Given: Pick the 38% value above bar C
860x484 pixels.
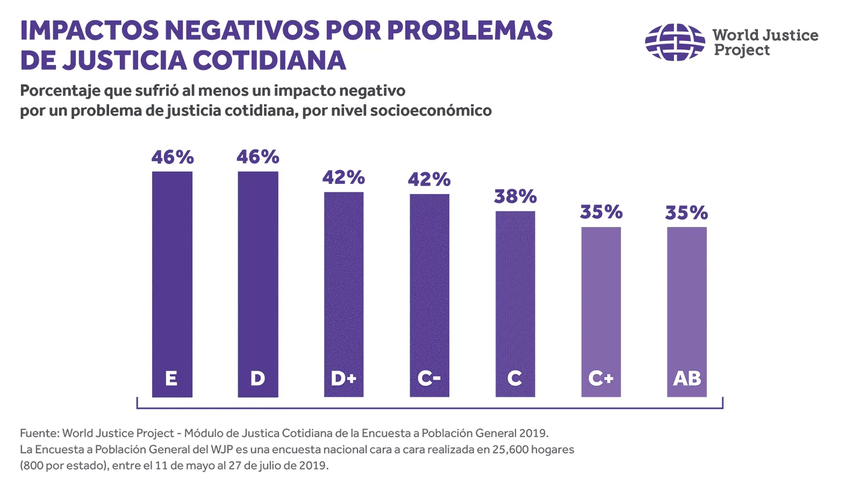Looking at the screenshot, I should click(515, 197).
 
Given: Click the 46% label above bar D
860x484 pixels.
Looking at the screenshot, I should click(257, 157).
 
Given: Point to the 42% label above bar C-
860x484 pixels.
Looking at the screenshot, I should click(429, 179).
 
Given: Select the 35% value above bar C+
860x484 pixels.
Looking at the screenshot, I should click(601, 212).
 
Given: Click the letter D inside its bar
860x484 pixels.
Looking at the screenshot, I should click(257, 379).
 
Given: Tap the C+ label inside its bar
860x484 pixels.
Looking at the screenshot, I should click(600, 379).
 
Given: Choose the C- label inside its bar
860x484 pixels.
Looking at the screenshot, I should click(429, 379).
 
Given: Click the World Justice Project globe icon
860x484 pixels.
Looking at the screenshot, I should click(675, 42).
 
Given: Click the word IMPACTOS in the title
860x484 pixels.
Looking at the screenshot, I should click(89, 31).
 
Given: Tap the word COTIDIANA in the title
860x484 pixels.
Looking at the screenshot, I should click(269, 60).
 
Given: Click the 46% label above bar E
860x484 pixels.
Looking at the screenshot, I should click(172, 157).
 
